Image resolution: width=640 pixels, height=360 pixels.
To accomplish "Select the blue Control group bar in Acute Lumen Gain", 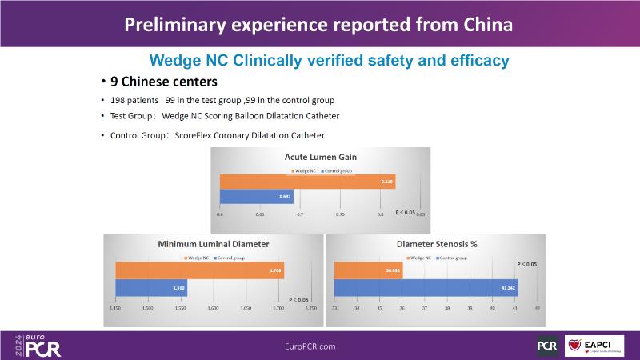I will pyautogui.click(x=256, y=196).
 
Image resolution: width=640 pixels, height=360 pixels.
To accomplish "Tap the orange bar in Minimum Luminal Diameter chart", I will pyautogui.click(x=200, y=271).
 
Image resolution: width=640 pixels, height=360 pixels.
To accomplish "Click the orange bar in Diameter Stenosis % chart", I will pyautogui.click(x=368, y=271).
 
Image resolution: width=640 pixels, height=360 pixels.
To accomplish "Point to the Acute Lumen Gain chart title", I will pyautogui.click(x=320, y=157).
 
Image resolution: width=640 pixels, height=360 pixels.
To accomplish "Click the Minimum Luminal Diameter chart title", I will pyautogui.click(x=213, y=243).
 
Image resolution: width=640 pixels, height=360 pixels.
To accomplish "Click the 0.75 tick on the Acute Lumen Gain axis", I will pyautogui.click(x=340, y=214).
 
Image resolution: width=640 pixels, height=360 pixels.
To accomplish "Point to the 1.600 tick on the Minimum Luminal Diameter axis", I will pyautogui.click(x=213, y=306).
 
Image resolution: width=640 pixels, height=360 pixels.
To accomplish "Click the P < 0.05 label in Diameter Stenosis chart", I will pyautogui.click(x=526, y=263).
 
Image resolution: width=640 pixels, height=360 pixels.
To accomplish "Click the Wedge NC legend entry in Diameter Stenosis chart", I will pyautogui.click(x=420, y=258).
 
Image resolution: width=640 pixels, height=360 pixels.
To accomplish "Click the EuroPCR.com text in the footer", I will pyautogui.click(x=310, y=346).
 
